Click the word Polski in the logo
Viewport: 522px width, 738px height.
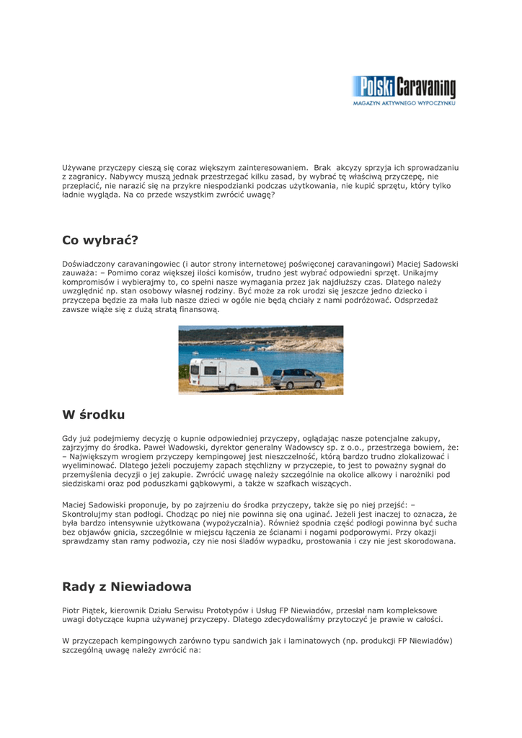(372, 87)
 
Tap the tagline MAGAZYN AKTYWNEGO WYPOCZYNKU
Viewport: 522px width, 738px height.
(404, 104)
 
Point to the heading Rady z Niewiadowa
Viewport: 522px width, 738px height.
(126, 587)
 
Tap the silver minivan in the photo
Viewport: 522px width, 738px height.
(296, 378)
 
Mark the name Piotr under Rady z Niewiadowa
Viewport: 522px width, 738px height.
(72, 610)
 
